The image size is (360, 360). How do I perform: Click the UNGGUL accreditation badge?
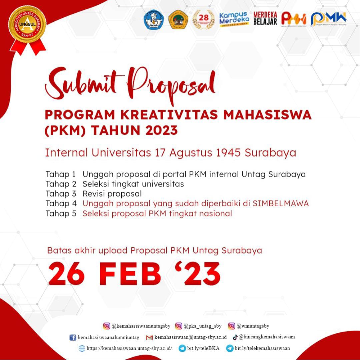click(28, 25)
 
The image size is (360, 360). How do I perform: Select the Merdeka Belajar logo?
click(265, 19)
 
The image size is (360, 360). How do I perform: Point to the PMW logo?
click(329, 19)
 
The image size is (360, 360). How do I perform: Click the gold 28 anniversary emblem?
click(203, 19)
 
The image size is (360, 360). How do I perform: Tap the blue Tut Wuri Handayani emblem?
click(154, 20)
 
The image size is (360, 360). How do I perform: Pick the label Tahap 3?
click(61, 194)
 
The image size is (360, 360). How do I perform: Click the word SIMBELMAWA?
click(281, 203)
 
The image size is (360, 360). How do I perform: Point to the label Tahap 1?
click(61, 174)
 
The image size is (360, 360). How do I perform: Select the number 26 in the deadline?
click(66, 274)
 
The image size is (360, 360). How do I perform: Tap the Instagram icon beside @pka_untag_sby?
click(179, 326)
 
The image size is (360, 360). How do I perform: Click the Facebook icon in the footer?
click(73, 337)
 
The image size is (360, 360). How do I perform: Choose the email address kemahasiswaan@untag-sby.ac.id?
click(190, 337)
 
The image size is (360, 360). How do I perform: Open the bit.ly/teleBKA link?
click(203, 348)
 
